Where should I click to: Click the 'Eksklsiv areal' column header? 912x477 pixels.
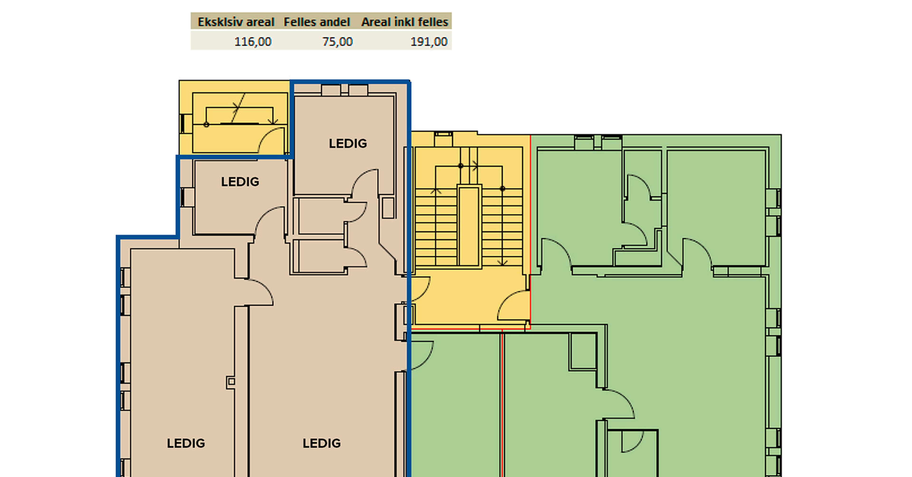pyautogui.click(x=236, y=22)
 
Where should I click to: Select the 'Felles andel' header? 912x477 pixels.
pyautogui.click(x=317, y=22)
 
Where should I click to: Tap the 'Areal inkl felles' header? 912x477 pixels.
pyautogui.click(x=405, y=22)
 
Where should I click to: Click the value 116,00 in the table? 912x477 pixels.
pyautogui.click(x=253, y=42)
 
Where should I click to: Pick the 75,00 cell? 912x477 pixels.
pyautogui.click(x=337, y=42)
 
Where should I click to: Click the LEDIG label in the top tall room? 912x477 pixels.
pyautogui.click(x=348, y=143)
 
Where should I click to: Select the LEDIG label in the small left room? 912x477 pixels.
pyautogui.click(x=240, y=182)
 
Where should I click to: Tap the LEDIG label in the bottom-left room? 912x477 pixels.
pyautogui.click(x=186, y=443)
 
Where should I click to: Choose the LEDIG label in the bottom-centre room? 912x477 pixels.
pyautogui.click(x=322, y=443)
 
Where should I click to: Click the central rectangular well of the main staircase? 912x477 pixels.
pyautogui.click(x=469, y=226)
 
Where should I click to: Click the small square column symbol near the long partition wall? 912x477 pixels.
pyautogui.click(x=231, y=382)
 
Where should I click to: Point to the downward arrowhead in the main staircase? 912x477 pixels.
pyautogui.click(x=502, y=262)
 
